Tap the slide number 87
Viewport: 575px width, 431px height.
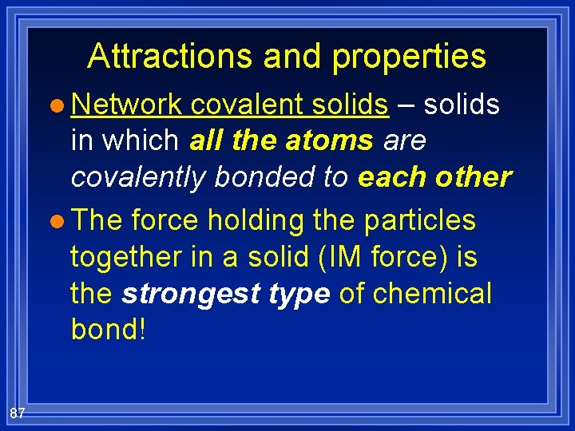18,413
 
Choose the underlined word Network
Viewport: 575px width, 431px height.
127,104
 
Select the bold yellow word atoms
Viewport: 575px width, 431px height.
327,140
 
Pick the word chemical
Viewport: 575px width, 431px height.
432,293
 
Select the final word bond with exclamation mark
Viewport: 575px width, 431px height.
109,330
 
